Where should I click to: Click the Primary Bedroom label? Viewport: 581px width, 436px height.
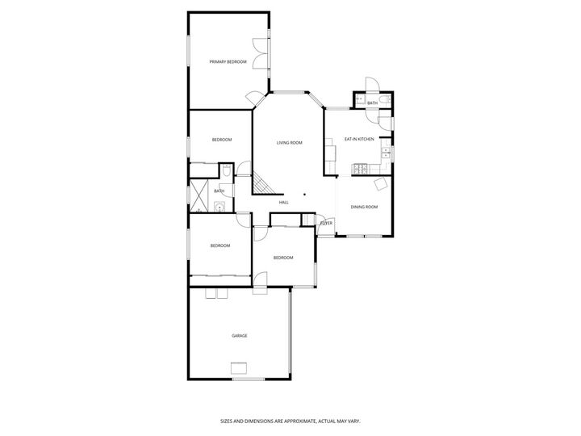pos(228,62)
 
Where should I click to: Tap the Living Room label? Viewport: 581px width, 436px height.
pos(289,143)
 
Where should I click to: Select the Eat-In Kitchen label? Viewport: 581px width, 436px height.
pos(359,140)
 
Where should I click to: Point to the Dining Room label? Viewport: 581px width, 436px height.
pos(364,208)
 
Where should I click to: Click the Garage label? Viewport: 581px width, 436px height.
pos(240,335)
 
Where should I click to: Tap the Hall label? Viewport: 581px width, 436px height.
pos(284,202)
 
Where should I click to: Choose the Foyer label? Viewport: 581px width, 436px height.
pos(327,223)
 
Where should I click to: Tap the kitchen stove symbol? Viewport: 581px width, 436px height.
pos(360,168)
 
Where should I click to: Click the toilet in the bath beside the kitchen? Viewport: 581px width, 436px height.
pos(387,100)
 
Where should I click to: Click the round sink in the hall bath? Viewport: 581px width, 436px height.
pos(219,207)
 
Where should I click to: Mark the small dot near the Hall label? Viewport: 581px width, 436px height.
pos(305,194)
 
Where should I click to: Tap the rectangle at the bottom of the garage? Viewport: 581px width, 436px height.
pos(240,370)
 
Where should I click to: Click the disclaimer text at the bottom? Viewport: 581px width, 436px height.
pos(290,421)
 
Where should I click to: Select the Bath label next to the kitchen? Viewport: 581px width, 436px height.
pos(372,103)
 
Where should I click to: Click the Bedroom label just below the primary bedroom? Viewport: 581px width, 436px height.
pos(222,140)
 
